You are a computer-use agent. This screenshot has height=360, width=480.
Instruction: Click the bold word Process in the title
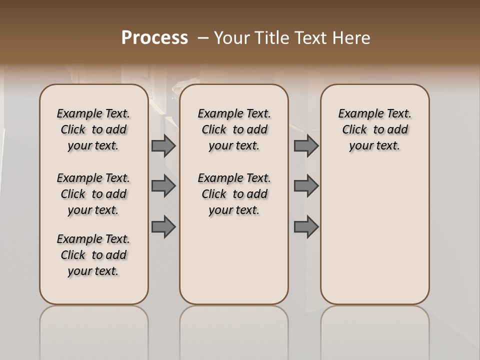coord(154,38)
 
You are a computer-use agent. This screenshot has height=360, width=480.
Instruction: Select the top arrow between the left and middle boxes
coord(163,145)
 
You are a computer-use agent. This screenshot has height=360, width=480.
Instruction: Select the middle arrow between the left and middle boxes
coord(163,186)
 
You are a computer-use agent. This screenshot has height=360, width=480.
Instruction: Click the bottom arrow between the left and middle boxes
coord(163,227)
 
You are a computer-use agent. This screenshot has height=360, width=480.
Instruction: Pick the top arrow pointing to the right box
coord(306,145)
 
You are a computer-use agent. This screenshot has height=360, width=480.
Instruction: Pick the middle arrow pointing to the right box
coord(306,186)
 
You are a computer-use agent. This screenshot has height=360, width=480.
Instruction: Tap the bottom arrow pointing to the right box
coord(306,227)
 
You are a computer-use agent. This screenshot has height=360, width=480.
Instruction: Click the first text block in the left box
coord(93,129)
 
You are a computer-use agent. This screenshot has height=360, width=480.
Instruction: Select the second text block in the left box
coord(93,194)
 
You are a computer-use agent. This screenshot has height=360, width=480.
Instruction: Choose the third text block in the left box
coord(93,255)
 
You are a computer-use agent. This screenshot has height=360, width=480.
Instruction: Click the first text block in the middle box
coord(234,129)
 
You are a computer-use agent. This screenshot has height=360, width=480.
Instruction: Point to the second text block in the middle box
coord(234,194)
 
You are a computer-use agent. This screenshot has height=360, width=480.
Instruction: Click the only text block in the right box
coord(374,129)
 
